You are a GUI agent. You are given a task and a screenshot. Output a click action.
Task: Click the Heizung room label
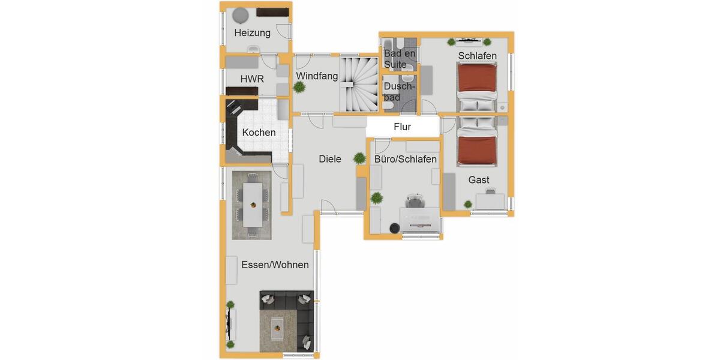click(252, 33)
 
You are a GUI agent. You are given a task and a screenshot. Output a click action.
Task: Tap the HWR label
click(252, 79)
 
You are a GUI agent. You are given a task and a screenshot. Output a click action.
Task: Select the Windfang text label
click(317, 76)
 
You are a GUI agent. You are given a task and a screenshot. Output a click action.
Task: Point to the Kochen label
click(259, 133)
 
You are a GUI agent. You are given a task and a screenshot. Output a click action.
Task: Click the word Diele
click(330, 159)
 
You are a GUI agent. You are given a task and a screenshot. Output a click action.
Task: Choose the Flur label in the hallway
click(402, 127)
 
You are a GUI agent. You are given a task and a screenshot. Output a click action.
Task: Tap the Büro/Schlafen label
click(405, 159)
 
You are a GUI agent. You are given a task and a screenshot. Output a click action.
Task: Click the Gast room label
click(479, 179)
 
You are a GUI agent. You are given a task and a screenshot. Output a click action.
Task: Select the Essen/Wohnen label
click(275, 265)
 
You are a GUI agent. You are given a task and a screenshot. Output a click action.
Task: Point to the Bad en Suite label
click(400, 59)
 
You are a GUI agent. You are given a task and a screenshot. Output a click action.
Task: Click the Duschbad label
click(399, 92)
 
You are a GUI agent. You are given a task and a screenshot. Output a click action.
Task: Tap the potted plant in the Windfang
click(299, 88)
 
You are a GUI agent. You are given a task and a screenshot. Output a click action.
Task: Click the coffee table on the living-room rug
click(277, 326)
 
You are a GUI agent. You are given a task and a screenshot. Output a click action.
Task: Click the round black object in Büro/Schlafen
click(395, 227)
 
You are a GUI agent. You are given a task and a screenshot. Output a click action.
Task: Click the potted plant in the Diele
click(359, 158)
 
